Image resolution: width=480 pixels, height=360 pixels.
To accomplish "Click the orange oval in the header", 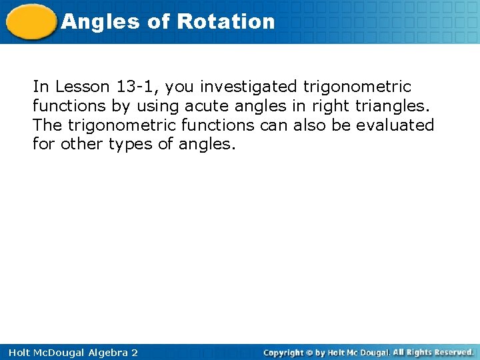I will [x=31, y=22].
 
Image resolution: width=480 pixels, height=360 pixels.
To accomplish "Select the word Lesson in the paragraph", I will [x=77, y=87].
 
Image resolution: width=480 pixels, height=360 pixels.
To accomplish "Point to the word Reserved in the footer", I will [x=451, y=352].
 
